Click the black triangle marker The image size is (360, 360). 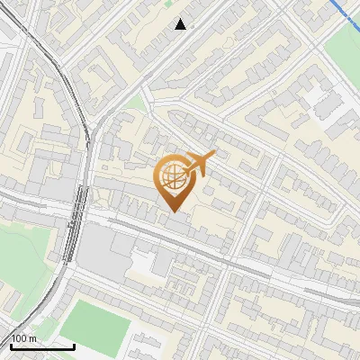click(x=181, y=24)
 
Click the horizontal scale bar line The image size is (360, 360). click(x=42, y=346)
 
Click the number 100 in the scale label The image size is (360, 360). click(x=20, y=338)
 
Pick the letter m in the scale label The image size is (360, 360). click(x=33, y=338)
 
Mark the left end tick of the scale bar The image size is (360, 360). click(x=11, y=345)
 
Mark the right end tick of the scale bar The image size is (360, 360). click(x=74, y=345)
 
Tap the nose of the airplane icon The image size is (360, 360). click(x=214, y=157)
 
